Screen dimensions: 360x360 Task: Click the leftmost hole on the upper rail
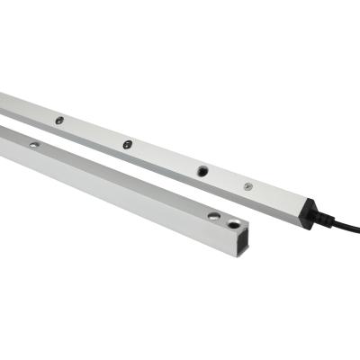(59, 120)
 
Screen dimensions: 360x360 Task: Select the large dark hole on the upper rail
(202, 170)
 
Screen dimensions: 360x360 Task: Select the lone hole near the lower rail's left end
(33, 144)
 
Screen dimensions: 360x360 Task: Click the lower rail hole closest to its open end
(234, 223)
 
